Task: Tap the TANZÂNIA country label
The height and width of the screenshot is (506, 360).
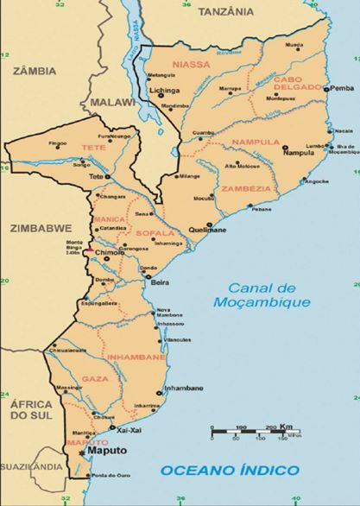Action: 226,12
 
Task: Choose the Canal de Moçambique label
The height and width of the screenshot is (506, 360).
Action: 263,295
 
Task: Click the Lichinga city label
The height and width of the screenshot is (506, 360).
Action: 164,89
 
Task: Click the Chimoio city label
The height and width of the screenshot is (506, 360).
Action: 109,253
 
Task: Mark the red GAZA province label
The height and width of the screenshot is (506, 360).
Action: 94,379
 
